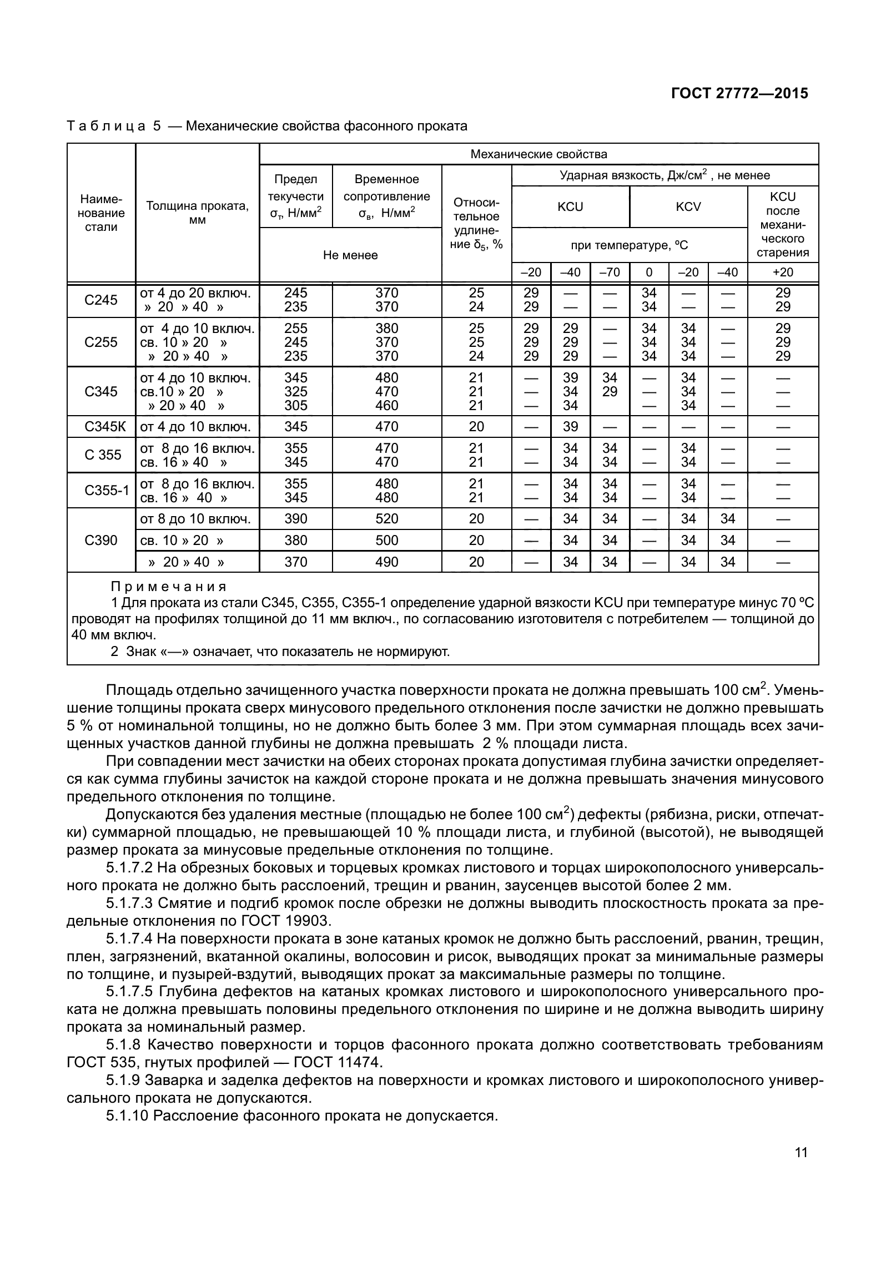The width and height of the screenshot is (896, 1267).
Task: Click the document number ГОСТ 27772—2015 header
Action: coord(739,93)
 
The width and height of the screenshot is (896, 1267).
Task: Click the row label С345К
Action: coord(102,426)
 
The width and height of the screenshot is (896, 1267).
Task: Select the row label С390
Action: coord(101,540)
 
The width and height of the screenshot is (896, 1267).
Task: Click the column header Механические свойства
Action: coord(538,154)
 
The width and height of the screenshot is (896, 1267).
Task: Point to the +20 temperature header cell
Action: coord(782,272)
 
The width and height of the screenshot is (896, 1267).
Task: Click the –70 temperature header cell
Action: coord(610,272)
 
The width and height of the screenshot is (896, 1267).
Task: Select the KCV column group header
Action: coord(688,206)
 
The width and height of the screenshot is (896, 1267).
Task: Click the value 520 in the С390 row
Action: coord(386,518)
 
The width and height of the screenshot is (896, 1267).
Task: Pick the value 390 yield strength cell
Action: coord(295,518)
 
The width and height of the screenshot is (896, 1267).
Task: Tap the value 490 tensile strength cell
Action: coord(386,562)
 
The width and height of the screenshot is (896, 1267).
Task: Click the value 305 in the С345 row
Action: coord(295,406)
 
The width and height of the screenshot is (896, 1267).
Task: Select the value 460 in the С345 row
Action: coord(386,406)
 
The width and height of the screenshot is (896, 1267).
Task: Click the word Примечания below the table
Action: coord(169,587)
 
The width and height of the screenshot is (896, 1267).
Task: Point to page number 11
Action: coord(801,1152)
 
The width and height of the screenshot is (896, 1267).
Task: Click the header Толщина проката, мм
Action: coord(197,213)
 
